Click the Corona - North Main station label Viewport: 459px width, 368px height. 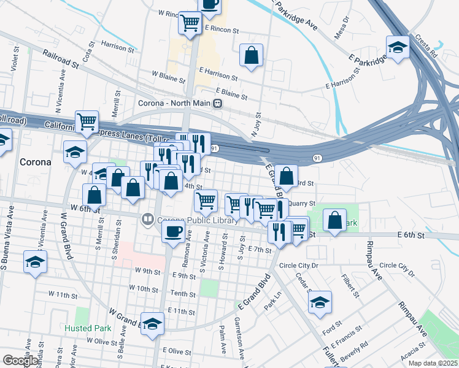[174, 103]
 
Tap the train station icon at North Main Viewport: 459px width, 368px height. [217, 104]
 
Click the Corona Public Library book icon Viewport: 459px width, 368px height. [147, 219]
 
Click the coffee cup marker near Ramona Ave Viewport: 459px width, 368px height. [172, 231]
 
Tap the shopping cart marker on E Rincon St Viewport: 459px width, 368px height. [190, 23]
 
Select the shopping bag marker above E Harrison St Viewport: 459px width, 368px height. [252, 55]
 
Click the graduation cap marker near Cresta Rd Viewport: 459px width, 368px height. [398, 47]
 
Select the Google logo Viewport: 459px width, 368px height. [20, 360]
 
